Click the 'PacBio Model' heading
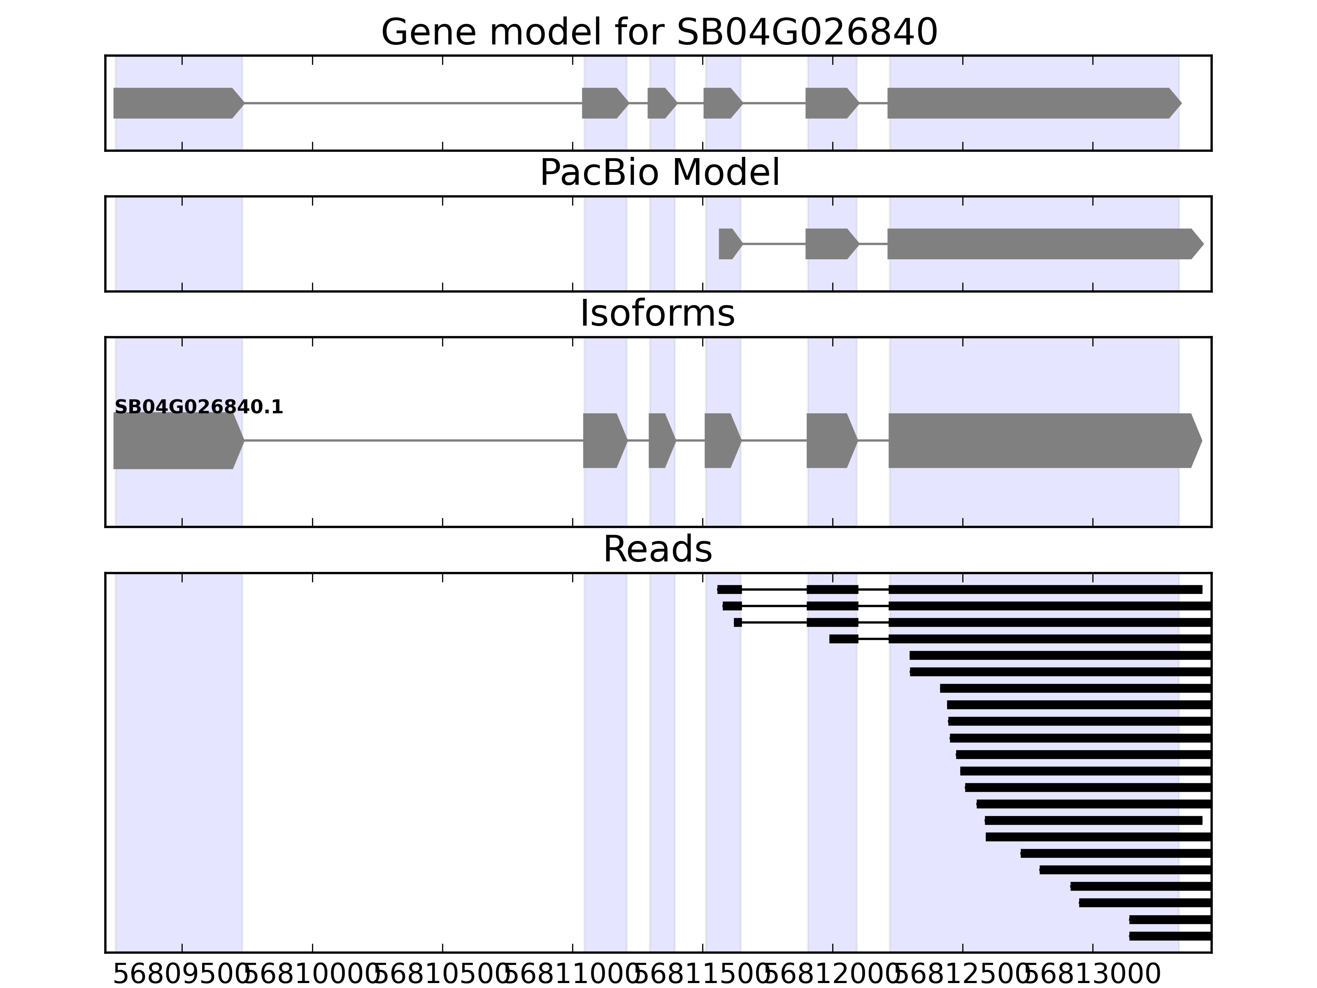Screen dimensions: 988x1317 (658, 173)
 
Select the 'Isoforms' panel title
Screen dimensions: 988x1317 (657, 314)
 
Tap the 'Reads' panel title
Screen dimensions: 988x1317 (657, 549)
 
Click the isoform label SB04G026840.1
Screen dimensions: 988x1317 (198, 408)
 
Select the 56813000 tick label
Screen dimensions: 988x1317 (1093, 975)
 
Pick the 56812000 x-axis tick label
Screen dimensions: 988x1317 (832, 975)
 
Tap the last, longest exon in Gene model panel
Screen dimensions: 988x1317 (1033, 103)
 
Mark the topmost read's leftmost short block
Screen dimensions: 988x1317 (729, 590)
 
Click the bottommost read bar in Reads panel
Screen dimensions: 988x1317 (1170, 936)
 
